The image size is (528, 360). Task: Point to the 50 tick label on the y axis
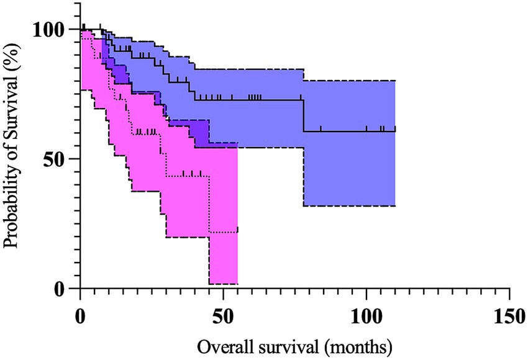point(57,159)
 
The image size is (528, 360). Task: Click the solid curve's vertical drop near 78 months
point(303,115)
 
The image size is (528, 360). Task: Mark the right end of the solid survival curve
point(395,131)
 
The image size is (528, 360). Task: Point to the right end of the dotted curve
point(237,232)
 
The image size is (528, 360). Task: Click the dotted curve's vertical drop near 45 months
point(210,205)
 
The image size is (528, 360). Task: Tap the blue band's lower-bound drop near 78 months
point(303,177)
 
